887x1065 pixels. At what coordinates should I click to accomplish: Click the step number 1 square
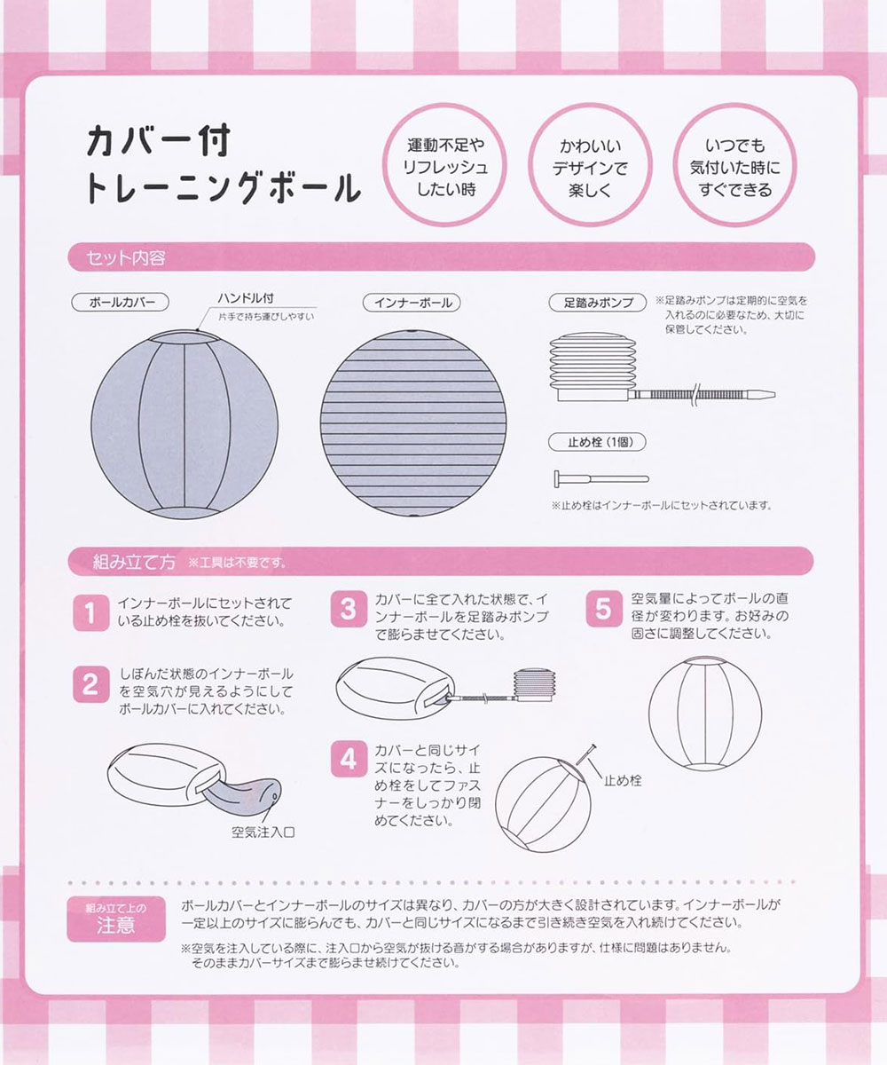(x=89, y=613)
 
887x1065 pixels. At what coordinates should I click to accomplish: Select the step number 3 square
(x=349, y=610)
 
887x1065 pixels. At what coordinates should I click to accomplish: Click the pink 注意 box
(x=114, y=920)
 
